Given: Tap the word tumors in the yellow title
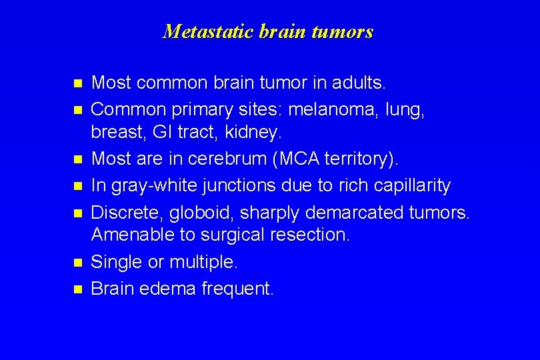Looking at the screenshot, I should tap(346, 31).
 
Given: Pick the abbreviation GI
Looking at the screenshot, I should tap(162, 133).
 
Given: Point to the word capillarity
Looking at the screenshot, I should tap(411, 185).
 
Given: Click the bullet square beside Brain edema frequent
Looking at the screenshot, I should tap(77, 289).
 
